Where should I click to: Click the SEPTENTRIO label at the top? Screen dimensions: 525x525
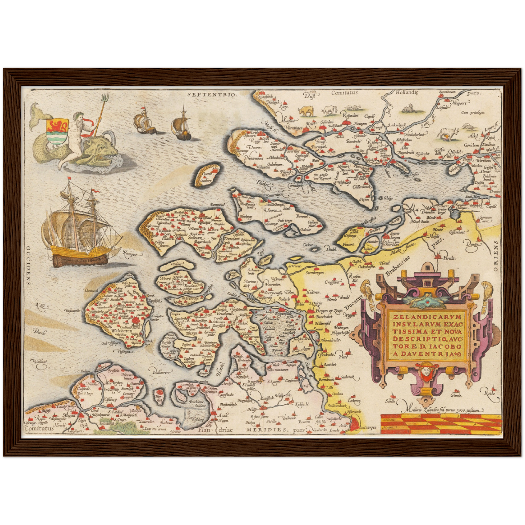(212, 94)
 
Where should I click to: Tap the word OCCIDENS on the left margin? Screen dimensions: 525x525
(28, 265)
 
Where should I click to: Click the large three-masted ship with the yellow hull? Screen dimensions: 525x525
(80, 229)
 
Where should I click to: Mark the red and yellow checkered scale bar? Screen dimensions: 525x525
(440, 423)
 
